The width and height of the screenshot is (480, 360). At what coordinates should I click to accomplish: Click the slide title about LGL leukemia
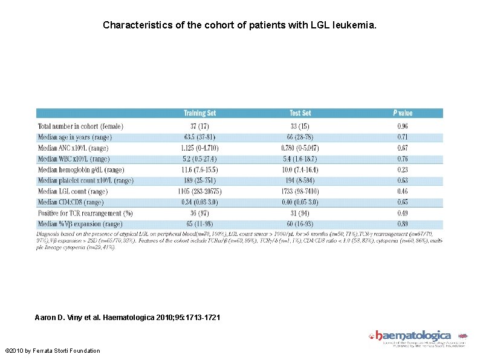pos(239,25)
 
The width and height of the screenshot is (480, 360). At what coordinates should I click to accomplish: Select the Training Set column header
pos(199,113)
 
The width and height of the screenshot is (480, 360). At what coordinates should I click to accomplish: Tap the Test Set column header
pos(300,113)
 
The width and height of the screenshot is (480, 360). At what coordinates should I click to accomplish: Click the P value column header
pos(402,113)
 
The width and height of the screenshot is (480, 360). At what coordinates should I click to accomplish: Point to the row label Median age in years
pos(78,137)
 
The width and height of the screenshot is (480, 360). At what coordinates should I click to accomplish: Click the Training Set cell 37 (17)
pos(199,126)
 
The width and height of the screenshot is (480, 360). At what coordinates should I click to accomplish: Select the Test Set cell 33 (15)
pos(300,126)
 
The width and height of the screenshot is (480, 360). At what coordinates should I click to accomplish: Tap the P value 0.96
pos(402,126)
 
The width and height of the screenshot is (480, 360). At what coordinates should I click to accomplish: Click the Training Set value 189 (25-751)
pos(199,180)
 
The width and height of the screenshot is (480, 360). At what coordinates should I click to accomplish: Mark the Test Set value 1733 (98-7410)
pos(300,191)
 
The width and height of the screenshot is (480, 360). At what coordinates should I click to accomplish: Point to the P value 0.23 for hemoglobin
pos(402,170)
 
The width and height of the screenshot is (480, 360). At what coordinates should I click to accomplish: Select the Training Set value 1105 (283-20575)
pos(199,191)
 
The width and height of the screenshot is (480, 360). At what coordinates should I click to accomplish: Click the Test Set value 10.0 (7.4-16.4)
pos(300,170)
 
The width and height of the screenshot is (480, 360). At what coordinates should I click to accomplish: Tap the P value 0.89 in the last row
pos(402,224)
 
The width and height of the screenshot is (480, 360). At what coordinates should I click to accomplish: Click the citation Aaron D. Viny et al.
pos(123,317)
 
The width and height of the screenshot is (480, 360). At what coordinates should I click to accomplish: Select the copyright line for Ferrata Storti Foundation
pos(53,351)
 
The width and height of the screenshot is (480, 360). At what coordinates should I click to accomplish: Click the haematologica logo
pos(414,336)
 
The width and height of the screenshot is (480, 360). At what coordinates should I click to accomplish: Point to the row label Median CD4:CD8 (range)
pos(71,202)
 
